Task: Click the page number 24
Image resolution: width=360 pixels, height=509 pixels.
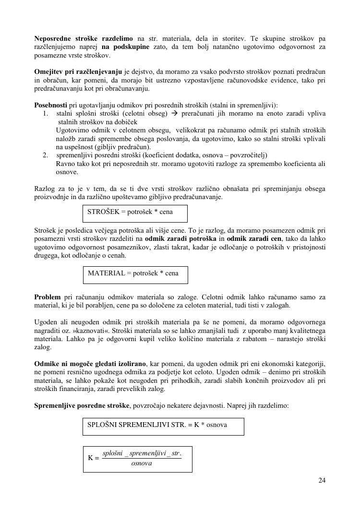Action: [x=322, y=480]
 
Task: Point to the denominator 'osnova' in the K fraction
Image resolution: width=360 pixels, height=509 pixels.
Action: [x=142, y=463]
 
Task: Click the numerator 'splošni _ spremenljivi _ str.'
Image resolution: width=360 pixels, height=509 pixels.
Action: [x=142, y=453]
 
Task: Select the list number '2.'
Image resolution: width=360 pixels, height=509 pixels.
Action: [x=46, y=155]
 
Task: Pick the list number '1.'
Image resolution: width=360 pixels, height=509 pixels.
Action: [x=46, y=114]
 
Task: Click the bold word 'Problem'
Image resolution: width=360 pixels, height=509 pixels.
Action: [x=48, y=297]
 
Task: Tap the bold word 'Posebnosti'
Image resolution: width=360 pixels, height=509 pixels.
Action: [x=51, y=105]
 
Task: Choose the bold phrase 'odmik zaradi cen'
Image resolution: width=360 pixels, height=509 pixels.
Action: [x=254, y=238]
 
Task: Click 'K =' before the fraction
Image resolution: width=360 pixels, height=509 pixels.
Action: [x=94, y=458]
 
